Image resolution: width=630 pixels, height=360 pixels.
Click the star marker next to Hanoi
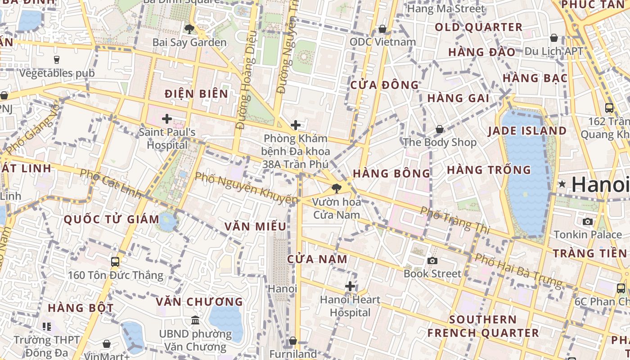click(562, 184)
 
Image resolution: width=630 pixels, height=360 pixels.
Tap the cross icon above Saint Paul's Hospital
click(167, 119)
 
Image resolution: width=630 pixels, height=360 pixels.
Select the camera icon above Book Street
click(432, 261)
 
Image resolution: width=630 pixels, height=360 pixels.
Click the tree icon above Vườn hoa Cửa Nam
click(336, 189)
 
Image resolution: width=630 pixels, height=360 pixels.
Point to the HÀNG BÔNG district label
click(391, 173)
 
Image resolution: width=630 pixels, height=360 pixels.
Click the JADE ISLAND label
click(527, 131)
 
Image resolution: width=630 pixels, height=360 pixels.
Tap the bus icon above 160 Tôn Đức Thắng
click(115, 261)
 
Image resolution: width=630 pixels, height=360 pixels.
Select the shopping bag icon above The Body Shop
click(440, 130)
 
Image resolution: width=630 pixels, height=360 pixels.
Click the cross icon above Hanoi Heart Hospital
click(350, 286)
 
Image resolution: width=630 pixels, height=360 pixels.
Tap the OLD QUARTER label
click(478, 27)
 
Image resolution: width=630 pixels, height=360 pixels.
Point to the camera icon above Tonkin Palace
click(588, 221)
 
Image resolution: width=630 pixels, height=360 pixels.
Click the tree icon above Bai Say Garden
click(189, 29)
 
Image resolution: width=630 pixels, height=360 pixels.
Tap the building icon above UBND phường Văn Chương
click(195, 320)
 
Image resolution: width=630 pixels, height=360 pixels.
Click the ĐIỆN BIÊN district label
click(196, 94)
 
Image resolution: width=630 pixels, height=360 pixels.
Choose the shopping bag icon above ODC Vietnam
click(382, 29)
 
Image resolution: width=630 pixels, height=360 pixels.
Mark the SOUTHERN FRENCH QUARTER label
click(483, 326)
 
